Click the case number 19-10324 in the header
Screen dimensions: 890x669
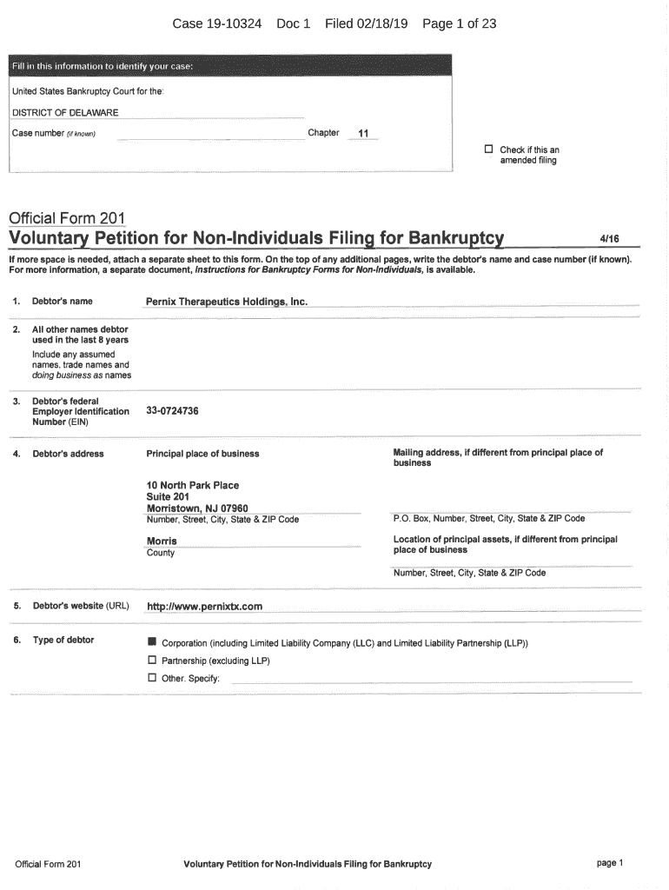click(230, 24)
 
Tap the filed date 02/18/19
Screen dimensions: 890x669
click(381, 24)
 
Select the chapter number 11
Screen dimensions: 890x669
click(363, 134)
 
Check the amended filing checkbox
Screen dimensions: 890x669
click(488, 149)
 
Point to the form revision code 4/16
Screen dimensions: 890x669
click(608, 238)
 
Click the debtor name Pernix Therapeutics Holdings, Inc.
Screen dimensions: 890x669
click(227, 302)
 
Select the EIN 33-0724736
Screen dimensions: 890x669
click(173, 410)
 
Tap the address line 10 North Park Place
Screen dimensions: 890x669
click(193, 485)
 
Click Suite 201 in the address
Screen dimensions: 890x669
click(168, 497)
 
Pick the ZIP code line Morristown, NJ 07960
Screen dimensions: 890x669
click(197, 508)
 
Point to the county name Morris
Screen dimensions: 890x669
click(162, 541)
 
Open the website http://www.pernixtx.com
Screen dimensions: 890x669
click(204, 606)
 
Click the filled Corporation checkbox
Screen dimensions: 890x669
click(152, 644)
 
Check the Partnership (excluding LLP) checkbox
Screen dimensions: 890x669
click(152, 661)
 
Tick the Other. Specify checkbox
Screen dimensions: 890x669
click(152, 677)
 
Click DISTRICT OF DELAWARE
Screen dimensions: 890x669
click(65, 112)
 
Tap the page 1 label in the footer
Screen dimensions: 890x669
click(610, 863)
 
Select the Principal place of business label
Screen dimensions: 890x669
click(202, 454)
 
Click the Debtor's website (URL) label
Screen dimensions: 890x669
click(80, 606)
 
